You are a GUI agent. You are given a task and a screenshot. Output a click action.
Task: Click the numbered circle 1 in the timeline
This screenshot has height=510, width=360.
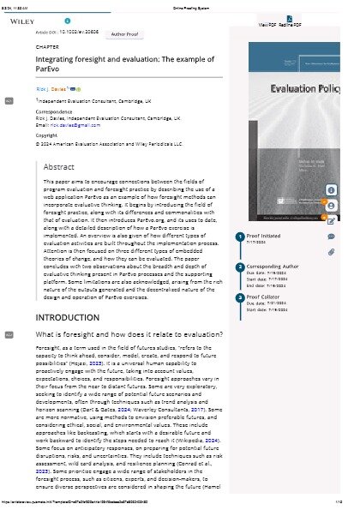(x=240, y=236)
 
